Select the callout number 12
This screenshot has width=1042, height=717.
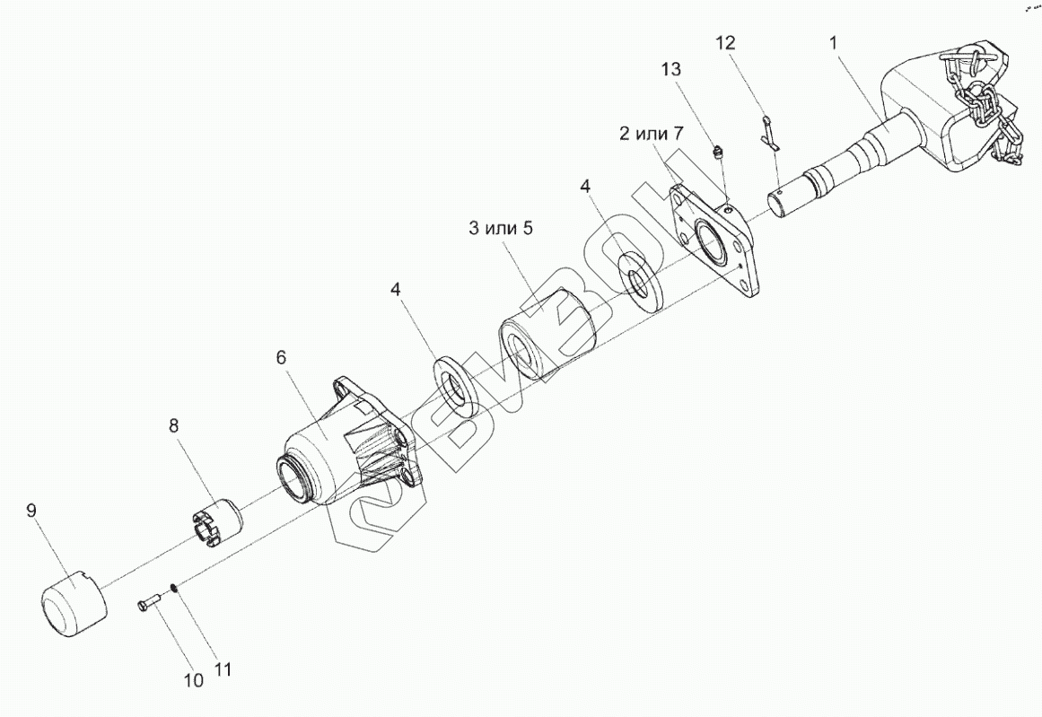726,42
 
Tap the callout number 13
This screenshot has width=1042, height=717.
670,69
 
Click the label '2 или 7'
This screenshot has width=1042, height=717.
652,135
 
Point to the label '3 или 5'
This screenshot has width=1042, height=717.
500,228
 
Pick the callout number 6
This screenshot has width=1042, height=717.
281,357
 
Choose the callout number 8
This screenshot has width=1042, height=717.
175,425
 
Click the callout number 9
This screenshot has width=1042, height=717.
31,512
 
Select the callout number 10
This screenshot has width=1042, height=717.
193,680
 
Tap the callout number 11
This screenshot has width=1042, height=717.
222,669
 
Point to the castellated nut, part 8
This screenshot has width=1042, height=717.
218,526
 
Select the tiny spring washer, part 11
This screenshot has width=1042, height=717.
174,588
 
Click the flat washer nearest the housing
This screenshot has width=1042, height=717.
455,386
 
